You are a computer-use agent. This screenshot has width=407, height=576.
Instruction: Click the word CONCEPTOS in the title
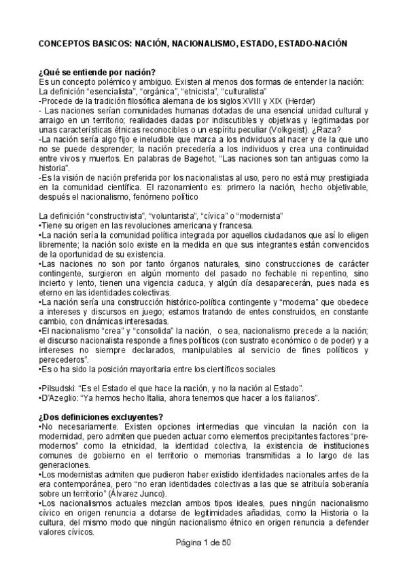(65, 43)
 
